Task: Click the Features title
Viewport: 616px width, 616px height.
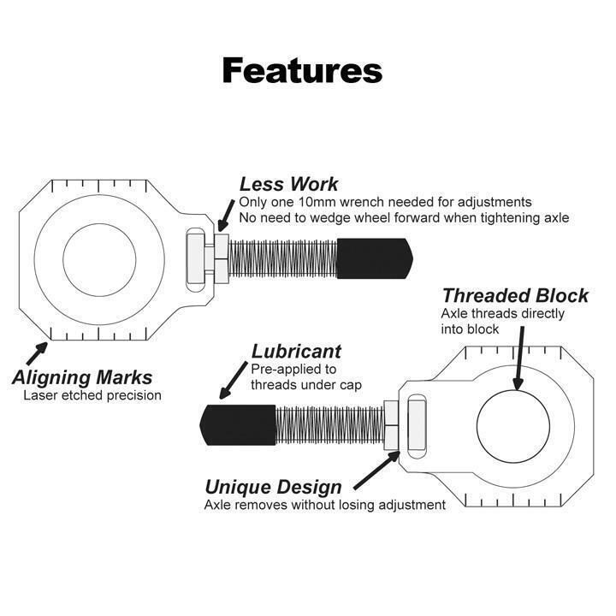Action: pyautogui.click(x=302, y=71)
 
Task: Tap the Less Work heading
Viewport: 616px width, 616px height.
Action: pyautogui.click(x=289, y=184)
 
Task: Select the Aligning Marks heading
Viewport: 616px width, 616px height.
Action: pyautogui.click(x=82, y=377)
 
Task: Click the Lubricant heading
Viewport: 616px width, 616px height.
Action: pyautogui.click(x=296, y=352)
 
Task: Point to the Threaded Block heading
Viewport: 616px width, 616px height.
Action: pyautogui.click(x=515, y=295)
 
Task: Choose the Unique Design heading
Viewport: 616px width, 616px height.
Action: pyautogui.click(x=274, y=487)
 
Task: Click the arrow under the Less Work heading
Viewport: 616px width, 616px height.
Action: pyautogui.click(x=226, y=216)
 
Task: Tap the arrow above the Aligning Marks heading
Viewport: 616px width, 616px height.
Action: pyautogui.click(x=37, y=353)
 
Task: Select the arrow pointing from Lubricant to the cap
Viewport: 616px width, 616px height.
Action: pyautogui.click(x=234, y=380)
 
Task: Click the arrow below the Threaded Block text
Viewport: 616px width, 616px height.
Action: pyautogui.click(x=520, y=358)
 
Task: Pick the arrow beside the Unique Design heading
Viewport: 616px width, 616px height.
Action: pyautogui.click(x=377, y=471)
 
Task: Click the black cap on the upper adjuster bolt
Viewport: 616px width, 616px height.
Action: pyautogui.click(x=375, y=258)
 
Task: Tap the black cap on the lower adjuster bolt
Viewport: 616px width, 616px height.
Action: pyautogui.click(x=238, y=425)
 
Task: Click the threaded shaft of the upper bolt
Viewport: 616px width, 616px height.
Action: pyautogui.click(x=283, y=258)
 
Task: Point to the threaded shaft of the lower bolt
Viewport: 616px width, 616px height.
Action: pyautogui.click(x=330, y=425)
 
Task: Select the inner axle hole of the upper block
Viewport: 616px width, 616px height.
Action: pyautogui.click(x=99, y=260)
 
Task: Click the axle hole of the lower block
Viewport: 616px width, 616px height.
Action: pyautogui.click(x=513, y=426)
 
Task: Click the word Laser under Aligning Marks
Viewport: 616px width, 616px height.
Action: pyautogui.click(x=40, y=395)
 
